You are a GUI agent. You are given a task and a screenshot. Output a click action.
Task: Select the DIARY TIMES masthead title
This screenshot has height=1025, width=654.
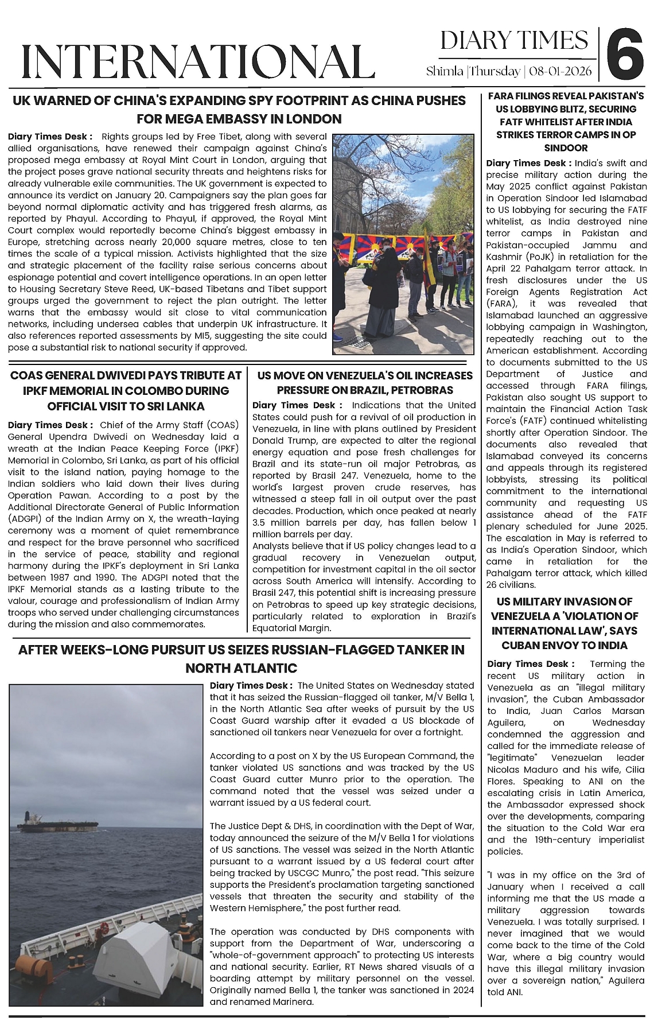click(x=514, y=41)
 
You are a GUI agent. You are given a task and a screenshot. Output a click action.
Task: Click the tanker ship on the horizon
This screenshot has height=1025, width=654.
click(x=57, y=824)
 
